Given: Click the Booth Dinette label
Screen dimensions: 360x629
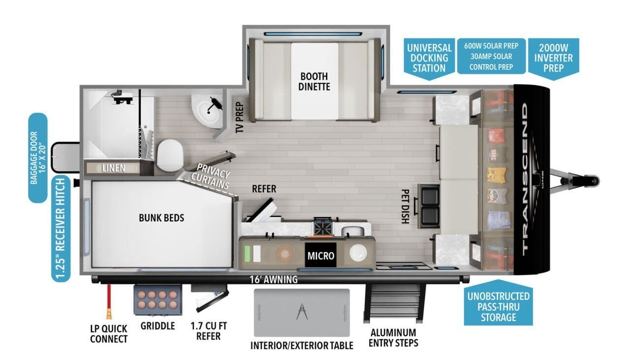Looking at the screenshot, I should pos(314,82).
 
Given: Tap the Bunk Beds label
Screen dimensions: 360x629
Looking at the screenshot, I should pos(161,217).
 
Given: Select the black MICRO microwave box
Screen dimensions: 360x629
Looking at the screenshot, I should pos(320,256).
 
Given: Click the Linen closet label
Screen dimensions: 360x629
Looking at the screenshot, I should pos(113,168).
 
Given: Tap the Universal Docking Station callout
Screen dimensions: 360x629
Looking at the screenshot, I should pos(429,58).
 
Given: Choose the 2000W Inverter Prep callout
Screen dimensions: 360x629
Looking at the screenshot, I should pos(554,57).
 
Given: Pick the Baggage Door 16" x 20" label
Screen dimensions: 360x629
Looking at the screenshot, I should pos(38,158).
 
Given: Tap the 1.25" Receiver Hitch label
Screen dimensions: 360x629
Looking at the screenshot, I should pos(61,229).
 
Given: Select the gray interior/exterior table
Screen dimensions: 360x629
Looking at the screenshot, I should pos(302,312).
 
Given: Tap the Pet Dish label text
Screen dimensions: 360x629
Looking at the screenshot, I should pos(405,207).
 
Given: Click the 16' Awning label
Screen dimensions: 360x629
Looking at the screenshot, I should pos(274,280).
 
